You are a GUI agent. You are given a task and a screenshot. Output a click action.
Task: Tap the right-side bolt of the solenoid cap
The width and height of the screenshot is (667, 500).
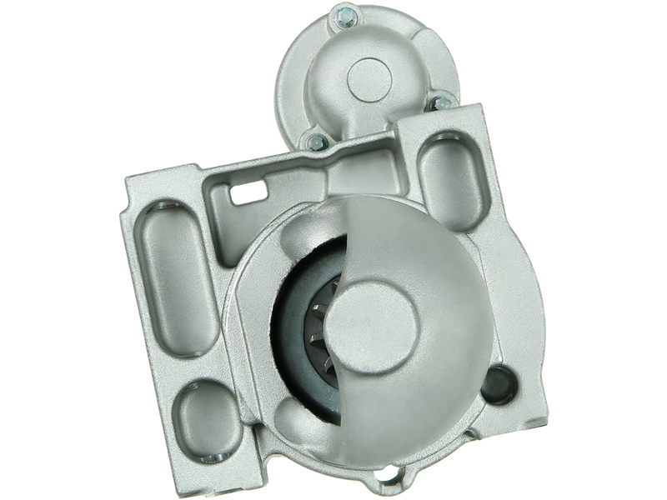pos(441,103)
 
